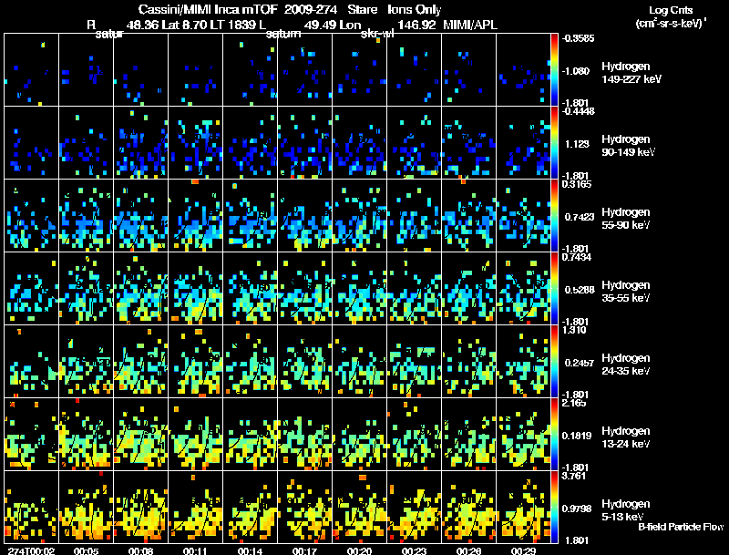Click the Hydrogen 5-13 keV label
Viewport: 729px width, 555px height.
(626, 509)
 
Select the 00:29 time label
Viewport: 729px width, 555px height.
(523, 550)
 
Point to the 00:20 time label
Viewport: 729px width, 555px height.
(358, 550)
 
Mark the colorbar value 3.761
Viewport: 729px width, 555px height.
(574, 475)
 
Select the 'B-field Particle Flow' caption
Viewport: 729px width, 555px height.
(681, 527)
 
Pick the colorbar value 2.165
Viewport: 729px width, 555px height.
(574, 402)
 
